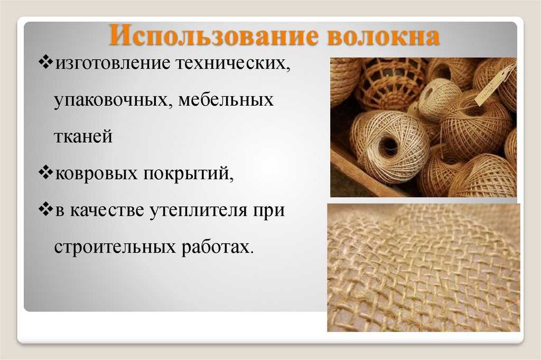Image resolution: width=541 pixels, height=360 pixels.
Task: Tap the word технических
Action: point(233,63)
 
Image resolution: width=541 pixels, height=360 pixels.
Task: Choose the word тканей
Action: point(83,136)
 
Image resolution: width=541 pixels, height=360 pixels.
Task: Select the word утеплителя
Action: point(199,210)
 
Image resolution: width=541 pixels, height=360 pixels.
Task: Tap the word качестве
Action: point(107,210)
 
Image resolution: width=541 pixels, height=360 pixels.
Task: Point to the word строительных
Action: point(115,247)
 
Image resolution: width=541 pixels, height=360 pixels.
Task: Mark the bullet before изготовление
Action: point(45,62)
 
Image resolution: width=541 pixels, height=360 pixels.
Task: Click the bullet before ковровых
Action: point(45,172)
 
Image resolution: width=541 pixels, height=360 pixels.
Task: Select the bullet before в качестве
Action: point(45,209)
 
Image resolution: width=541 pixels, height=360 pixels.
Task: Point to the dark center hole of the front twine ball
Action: point(389,146)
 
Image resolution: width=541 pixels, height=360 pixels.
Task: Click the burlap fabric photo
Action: point(424,267)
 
